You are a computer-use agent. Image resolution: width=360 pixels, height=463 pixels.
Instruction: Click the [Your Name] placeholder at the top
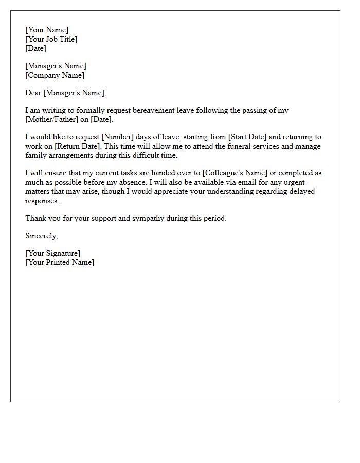point(46,30)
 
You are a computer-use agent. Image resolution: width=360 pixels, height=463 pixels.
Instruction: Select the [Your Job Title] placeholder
point(51,39)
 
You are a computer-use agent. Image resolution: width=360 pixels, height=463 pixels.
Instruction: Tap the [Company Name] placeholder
point(55,75)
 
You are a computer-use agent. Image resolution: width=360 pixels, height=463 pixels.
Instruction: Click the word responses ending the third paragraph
point(42,201)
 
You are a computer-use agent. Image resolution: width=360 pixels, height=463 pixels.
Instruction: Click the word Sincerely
point(42,236)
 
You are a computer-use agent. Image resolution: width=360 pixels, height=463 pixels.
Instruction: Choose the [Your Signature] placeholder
point(53,253)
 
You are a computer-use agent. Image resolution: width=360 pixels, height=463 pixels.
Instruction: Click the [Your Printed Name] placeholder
point(60,262)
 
